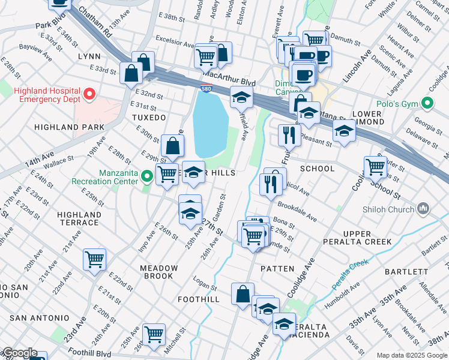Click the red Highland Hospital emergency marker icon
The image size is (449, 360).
pyautogui.click(x=89, y=94)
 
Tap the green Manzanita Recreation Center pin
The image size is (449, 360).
pyautogui.click(x=148, y=176)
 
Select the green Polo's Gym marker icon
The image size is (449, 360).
pyautogui.click(x=428, y=104)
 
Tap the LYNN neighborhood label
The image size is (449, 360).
pyautogui.click(x=89, y=56)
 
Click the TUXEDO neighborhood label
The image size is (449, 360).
pyautogui.click(x=148, y=118)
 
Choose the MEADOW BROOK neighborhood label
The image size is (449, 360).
pyautogui.click(x=159, y=272)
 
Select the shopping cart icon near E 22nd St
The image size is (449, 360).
pyautogui.click(x=95, y=259)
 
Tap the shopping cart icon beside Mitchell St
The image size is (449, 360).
pyautogui.click(x=154, y=333)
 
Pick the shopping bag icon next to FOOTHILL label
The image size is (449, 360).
pyautogui.click(x=243, y=294)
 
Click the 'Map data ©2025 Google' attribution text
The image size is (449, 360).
pyautogui.click(x=412, y=355)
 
